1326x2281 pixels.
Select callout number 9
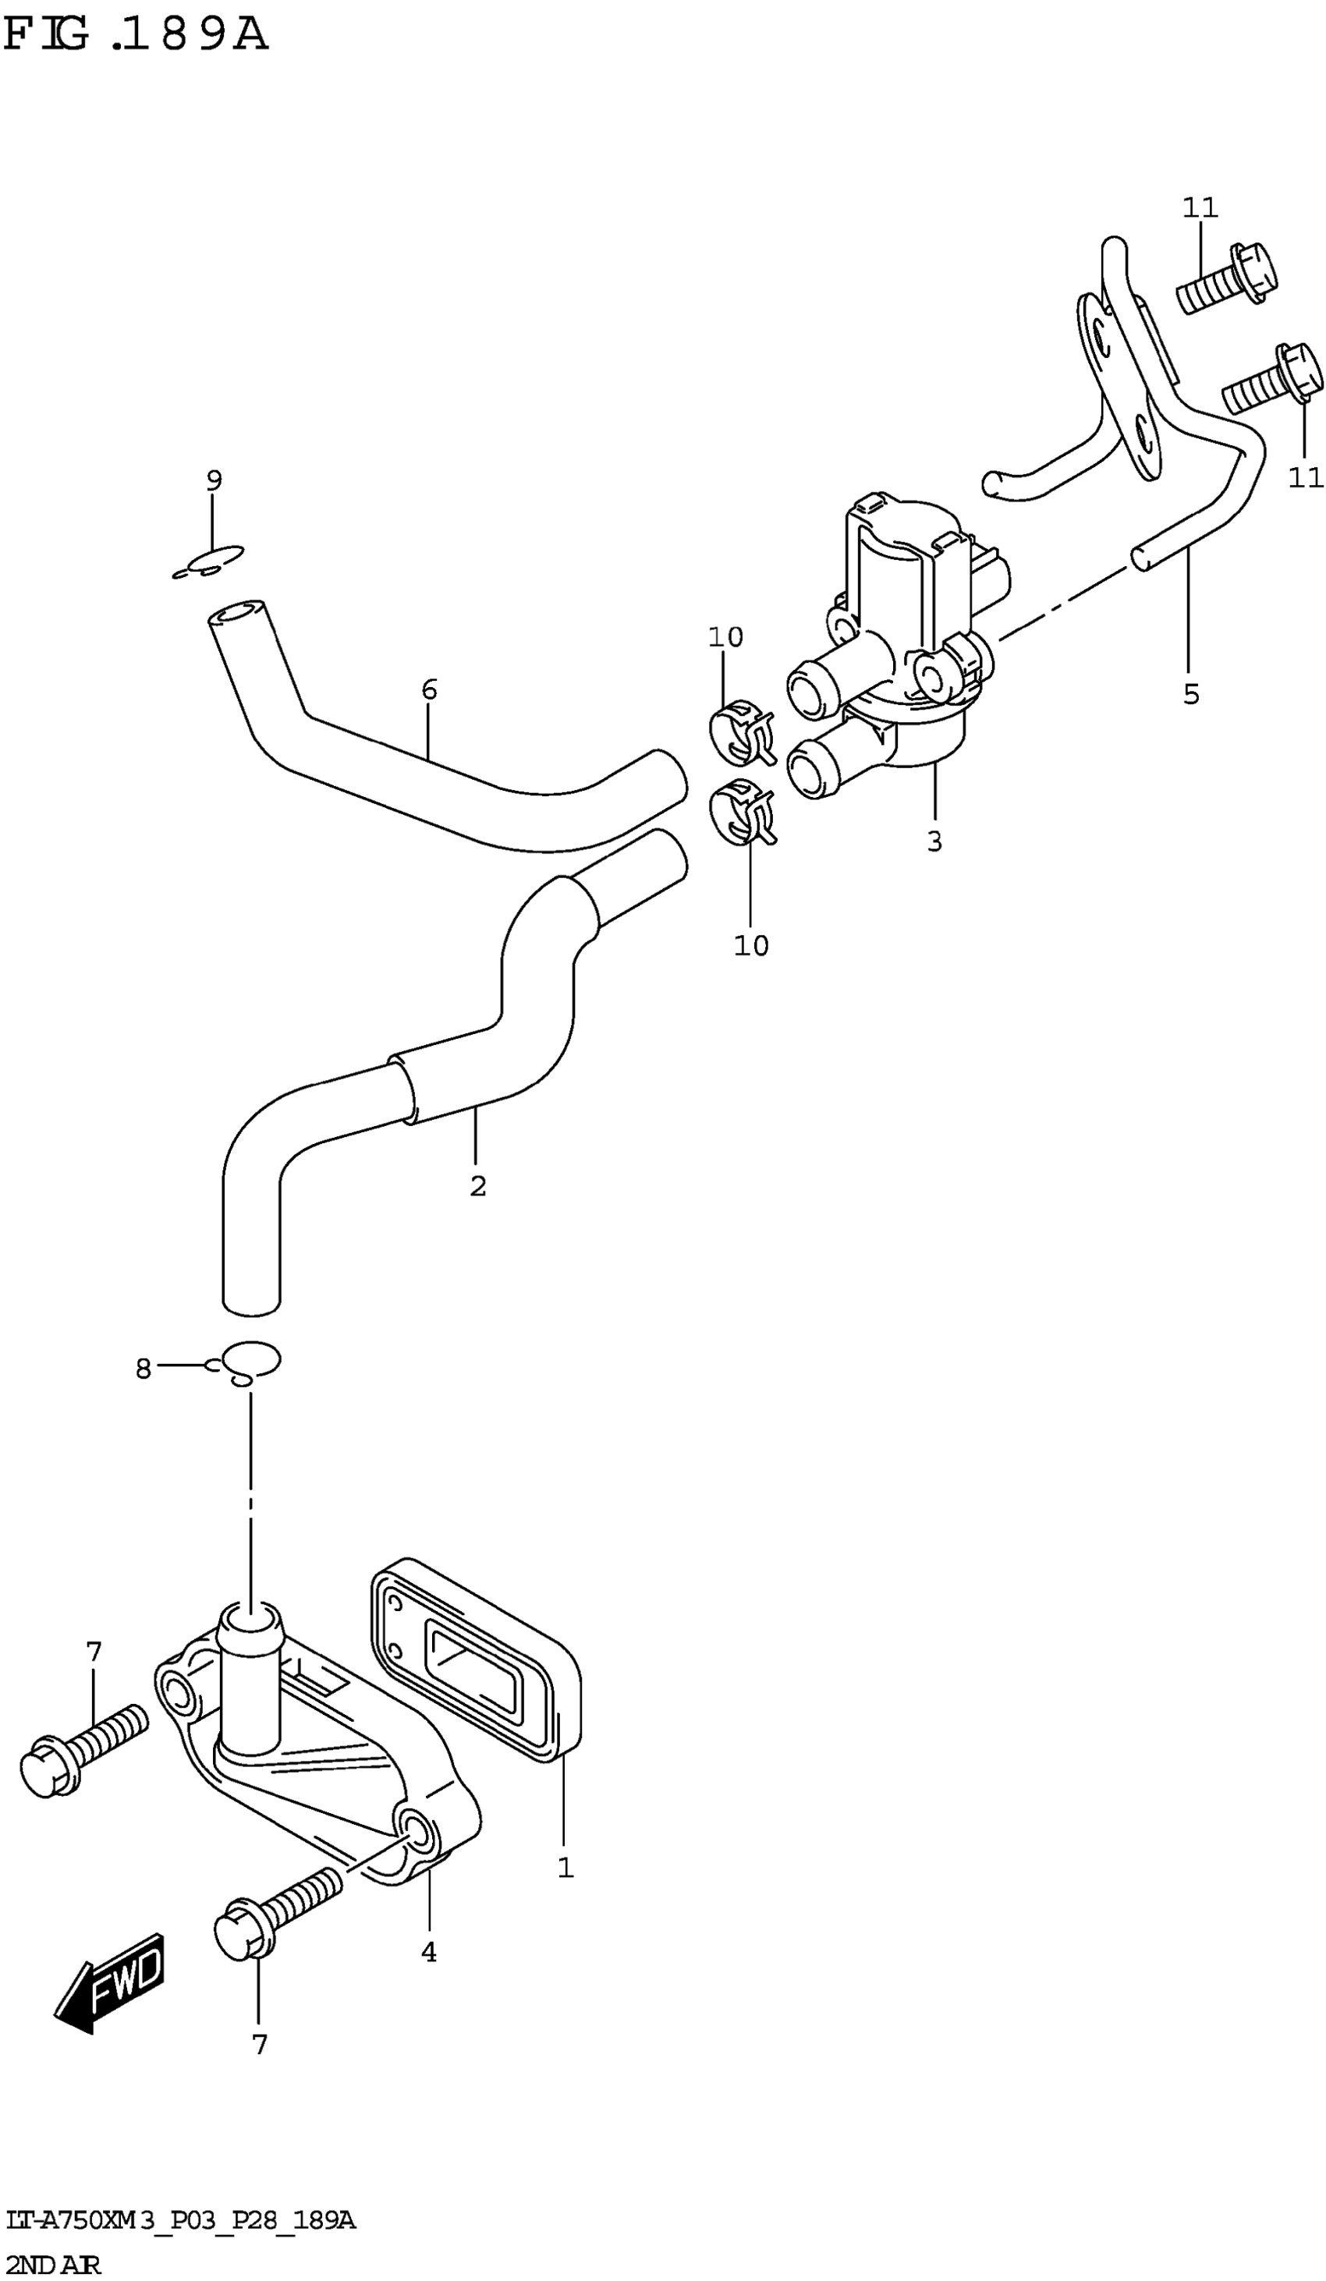[214, 480]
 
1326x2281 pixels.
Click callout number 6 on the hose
[429, 689]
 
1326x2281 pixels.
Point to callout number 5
[1191, 694]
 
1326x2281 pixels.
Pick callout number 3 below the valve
[934, 841]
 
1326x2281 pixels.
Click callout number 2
[478, 1186]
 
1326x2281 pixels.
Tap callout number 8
[143, 1369]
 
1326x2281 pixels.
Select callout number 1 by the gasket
[565, 1868]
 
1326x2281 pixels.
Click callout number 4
[429, 1953]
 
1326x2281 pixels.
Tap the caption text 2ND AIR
[51, 2258]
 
